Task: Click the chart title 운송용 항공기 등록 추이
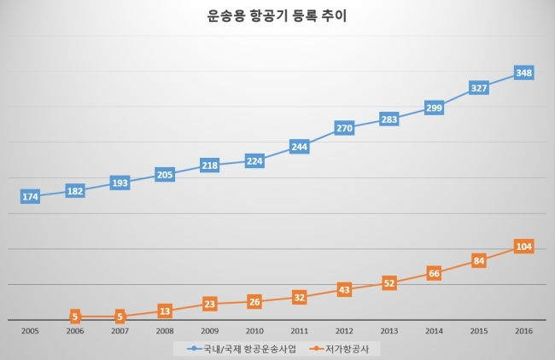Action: click(277, 16)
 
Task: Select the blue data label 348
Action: click(524, 73)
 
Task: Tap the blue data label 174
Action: click(30, 196)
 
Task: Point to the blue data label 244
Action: click(300, 147)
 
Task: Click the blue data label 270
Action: click(344, 128)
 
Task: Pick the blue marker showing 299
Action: click(434, 107)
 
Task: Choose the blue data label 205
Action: click(165, 175)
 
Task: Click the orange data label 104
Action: click(524, 247)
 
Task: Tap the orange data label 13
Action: click(165, 311)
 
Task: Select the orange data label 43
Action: click(344, 290)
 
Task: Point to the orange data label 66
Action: click(434, 273)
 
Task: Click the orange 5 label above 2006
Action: click(75, 316)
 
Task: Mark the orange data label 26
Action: click(254, 302)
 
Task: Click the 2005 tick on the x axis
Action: click(30, 331)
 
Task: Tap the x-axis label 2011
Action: click(300, 331)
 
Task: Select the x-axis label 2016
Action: click(524, 331)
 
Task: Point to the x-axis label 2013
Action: click(389, 331)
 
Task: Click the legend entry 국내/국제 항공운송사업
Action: click(242, 349)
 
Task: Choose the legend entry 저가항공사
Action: click(339, 349)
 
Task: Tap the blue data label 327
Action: click(479, 88)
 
